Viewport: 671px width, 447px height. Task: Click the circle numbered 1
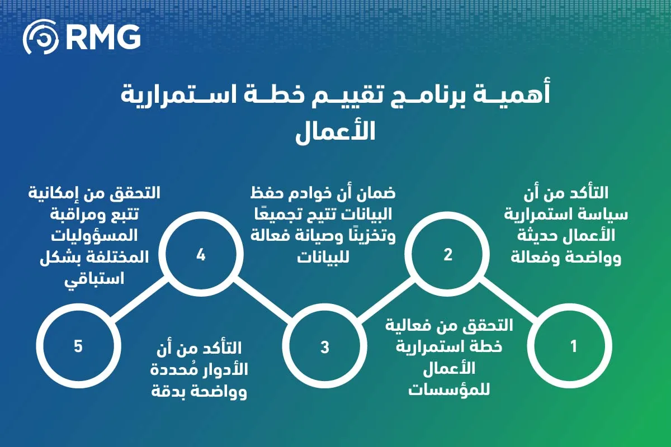(573, 346)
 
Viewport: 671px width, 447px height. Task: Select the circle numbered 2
(447, 255)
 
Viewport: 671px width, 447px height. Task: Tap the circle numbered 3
(325, 346)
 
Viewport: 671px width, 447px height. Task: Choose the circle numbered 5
(78, 346)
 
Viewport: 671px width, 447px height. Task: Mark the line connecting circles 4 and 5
(139, 301)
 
